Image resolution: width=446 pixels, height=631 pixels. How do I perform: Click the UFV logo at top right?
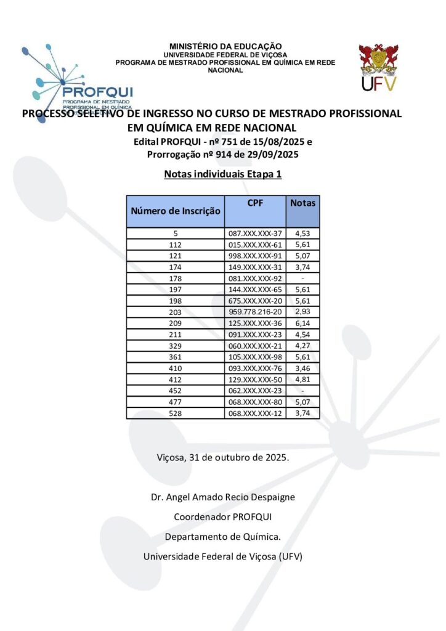(x=379, y=68)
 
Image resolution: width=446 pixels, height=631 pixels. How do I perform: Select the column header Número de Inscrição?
(x=176, y=211)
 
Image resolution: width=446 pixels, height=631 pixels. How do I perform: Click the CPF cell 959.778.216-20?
(x=255, y=312)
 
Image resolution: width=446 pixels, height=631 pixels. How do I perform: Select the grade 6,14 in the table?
(x=302, y=323)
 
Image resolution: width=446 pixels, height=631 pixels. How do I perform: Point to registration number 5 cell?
(x=176, y=234)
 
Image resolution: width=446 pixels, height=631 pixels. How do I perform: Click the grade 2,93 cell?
(x=302, y=312)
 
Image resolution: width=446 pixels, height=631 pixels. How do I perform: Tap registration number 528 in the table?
(x=176, y=413)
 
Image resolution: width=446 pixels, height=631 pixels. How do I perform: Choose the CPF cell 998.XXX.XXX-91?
(x=255, y=256)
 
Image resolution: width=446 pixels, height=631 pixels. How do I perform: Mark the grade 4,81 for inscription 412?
(x=302, y=379)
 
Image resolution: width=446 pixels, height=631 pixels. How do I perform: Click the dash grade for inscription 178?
(x=302, y=278)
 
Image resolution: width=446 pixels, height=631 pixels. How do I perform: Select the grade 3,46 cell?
(x=302, y=368)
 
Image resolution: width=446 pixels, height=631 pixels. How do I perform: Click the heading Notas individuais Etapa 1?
(x=222, y=174)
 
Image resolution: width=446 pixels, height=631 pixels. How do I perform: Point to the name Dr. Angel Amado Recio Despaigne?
(x=223, y=497)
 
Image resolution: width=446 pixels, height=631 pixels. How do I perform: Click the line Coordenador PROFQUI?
(x=223, y=516)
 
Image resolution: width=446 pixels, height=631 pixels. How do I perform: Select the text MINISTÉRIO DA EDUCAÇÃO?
(x=225, y=46)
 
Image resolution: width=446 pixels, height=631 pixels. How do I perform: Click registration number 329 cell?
(x=176, y=346)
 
